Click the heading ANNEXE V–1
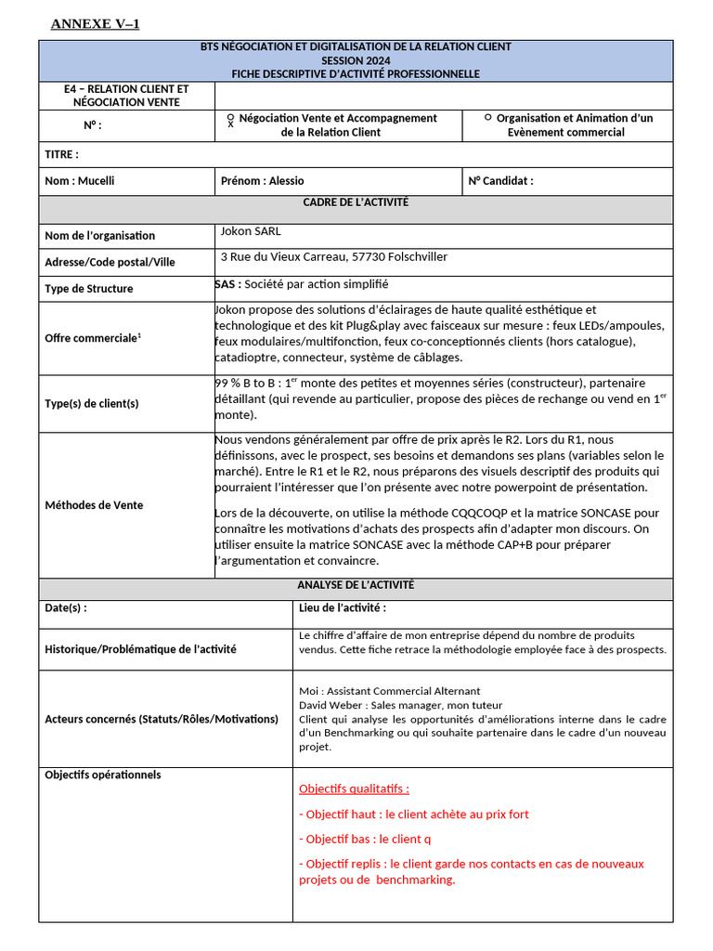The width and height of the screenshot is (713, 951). [x=95, y=23]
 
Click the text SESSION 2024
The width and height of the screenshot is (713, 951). [x=356, y=59]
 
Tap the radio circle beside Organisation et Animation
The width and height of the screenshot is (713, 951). [x=488, y=118]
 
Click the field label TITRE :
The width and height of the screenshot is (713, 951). [x=61, y=154]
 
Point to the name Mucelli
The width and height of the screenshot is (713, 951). [x=97, y=181]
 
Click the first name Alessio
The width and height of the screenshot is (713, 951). [x=287, y=181]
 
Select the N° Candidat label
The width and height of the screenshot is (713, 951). [x=501, y=181]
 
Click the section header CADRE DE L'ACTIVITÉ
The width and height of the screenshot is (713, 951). [x=356, y=202]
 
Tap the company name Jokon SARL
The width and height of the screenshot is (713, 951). [x=251, y=231]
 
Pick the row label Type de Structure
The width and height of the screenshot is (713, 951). [x=89, y=289]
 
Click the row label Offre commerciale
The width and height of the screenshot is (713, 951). [x=92, y=338]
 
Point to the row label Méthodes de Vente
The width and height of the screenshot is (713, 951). [x=94, y=505]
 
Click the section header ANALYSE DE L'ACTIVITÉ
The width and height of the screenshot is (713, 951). [x=356, y=585]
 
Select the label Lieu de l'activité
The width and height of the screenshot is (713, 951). [x=343, y=608]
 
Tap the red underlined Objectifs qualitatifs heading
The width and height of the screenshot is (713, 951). [x=354, y=789]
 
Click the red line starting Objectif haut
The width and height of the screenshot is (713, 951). [x=414, y=814]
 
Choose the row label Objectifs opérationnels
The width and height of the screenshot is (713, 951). [x=103, y=775]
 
